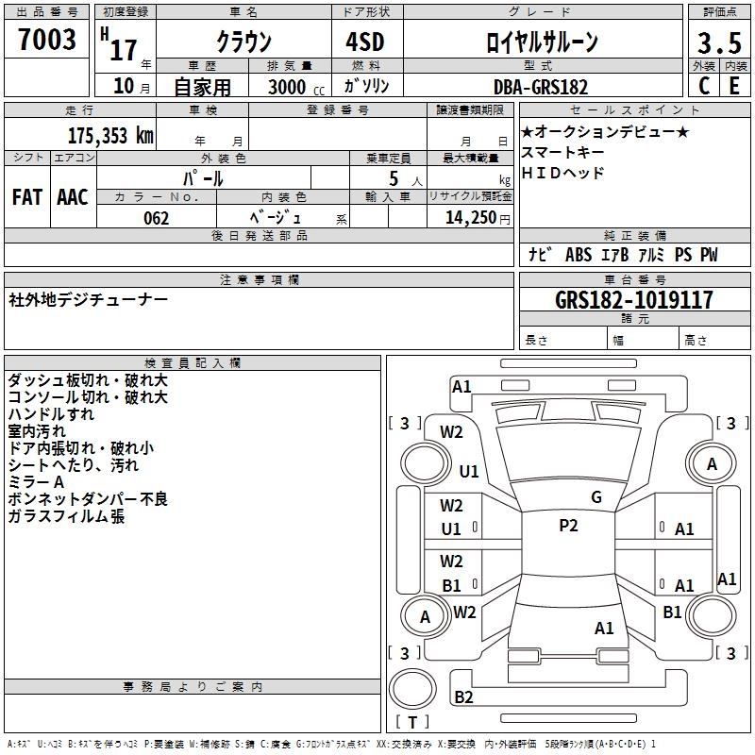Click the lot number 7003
coord(47,40)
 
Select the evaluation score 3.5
coord(717,43)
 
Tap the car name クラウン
coord(243,42)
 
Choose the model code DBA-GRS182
coord(541,87)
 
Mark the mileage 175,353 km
coord(110,135)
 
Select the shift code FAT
coord(26,197)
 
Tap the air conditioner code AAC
coord(73,197)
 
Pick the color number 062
coord(157,218)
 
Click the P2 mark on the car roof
coord(568,526)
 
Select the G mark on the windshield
coord(596,497)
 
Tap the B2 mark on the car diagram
coord(463,697)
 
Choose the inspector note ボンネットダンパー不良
coord(88,499)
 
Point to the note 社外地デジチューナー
coord(89,300)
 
